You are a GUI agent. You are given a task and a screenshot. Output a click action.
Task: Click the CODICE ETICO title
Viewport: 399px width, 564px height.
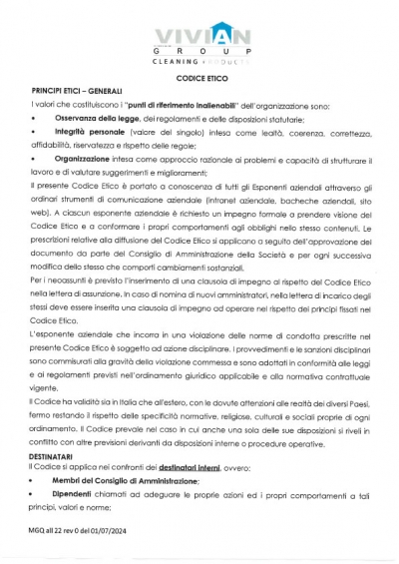[x=199, y=77]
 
